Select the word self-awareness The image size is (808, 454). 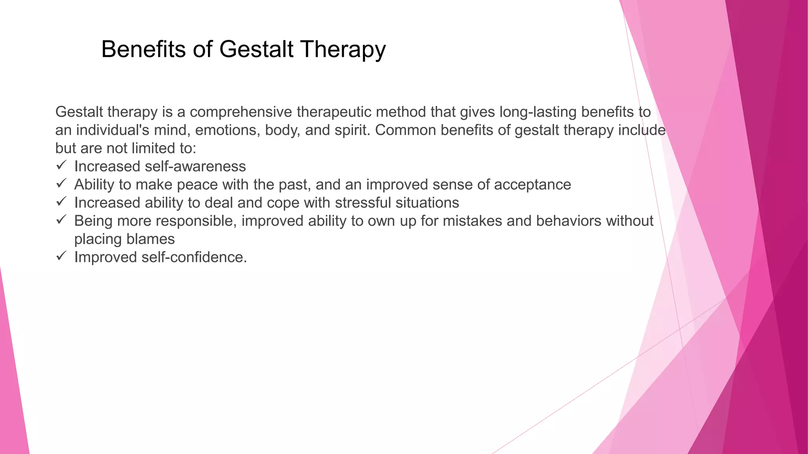[195, 166]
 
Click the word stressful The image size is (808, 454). [363, 203]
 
